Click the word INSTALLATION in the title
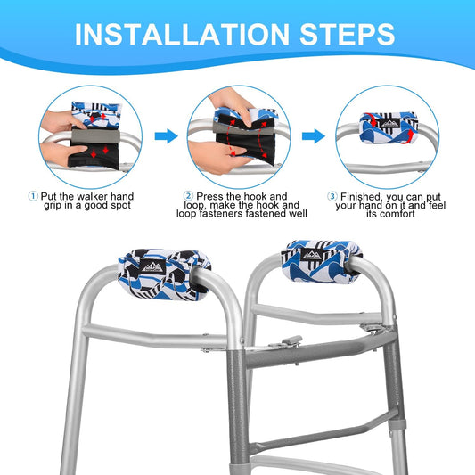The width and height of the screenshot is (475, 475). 182,34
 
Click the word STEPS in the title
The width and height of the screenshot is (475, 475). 348,34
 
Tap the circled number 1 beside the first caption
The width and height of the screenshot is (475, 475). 33,196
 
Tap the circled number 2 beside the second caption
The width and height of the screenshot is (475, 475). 188,196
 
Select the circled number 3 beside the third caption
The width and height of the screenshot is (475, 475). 332,196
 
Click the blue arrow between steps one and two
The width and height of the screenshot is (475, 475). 166,136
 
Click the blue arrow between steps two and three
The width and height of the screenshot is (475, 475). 314,136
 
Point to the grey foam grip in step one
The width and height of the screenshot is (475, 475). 95,136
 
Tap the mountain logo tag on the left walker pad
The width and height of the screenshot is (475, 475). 153,266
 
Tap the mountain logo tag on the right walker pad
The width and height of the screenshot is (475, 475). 313,255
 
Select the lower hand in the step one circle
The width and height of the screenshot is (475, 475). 62,153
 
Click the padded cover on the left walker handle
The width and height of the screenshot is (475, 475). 164,274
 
